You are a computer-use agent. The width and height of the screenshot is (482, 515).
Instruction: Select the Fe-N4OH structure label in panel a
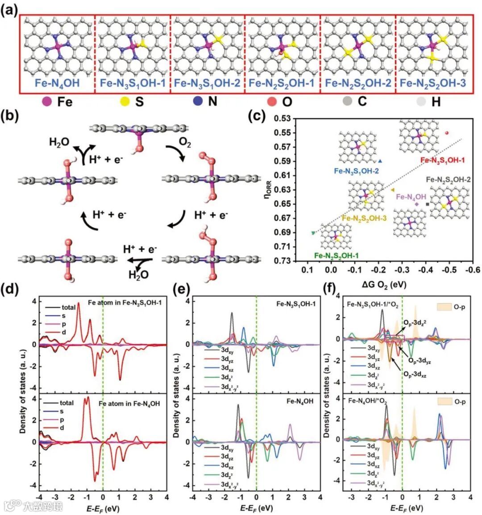(57, 83)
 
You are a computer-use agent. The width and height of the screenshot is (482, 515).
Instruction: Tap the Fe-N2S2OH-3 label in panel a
(432, 83)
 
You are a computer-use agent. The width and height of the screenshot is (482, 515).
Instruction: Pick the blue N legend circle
(196, 102)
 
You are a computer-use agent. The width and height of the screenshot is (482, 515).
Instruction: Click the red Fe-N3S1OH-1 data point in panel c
(447, 133)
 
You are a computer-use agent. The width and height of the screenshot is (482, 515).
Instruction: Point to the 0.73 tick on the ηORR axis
(282, 260)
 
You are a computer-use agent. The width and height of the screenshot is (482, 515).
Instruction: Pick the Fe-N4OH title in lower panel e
(299, 401)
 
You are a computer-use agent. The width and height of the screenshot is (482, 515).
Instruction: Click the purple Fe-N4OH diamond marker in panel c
(417, 204)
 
